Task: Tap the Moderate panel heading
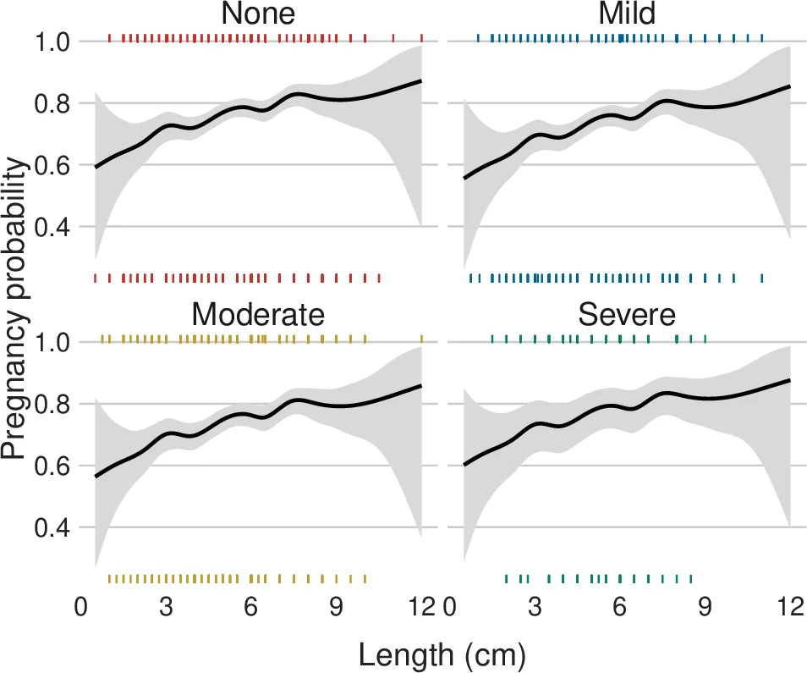(258, 315)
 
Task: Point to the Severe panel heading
(627, 315)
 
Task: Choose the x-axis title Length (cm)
(443, 654)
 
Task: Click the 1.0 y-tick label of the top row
(55, 41)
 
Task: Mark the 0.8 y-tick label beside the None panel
(55, 103)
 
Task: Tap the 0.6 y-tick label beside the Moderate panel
(55, 466)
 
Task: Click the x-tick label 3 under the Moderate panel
(167, 608)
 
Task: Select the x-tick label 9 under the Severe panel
(705, 608)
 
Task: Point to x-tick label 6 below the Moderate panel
(251, 608)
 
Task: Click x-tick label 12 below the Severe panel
(790, 608)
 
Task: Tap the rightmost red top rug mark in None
(421, 37)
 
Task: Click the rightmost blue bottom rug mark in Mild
(762, 278)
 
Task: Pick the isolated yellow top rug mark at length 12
(421, 339)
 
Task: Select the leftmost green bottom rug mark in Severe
(506, 579)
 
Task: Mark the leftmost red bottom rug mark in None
(95, 278)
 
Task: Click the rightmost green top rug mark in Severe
(705, 339)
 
